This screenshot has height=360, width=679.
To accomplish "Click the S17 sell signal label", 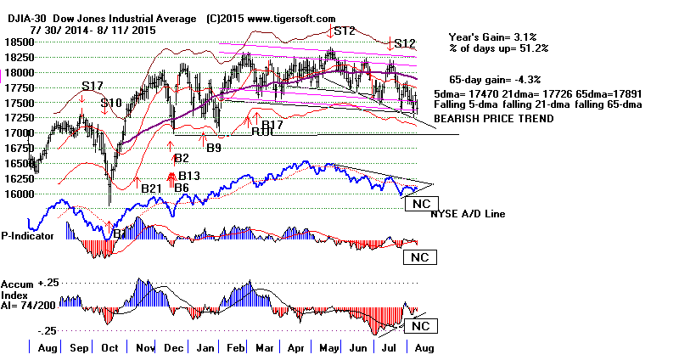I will pos(92,87).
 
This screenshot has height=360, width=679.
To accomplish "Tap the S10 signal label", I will pos(112,104).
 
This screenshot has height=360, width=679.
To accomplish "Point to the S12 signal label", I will pos(403,43).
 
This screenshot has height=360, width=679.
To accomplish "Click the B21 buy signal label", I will pos(152,188).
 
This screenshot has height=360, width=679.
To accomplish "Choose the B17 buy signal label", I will pos(272,125).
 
